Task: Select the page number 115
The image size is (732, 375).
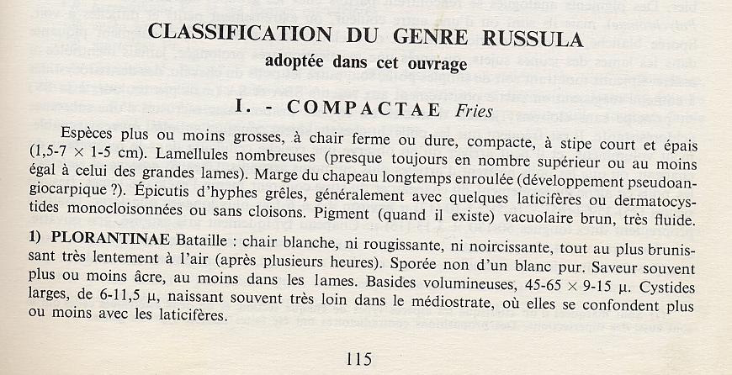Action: pos(358,359)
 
